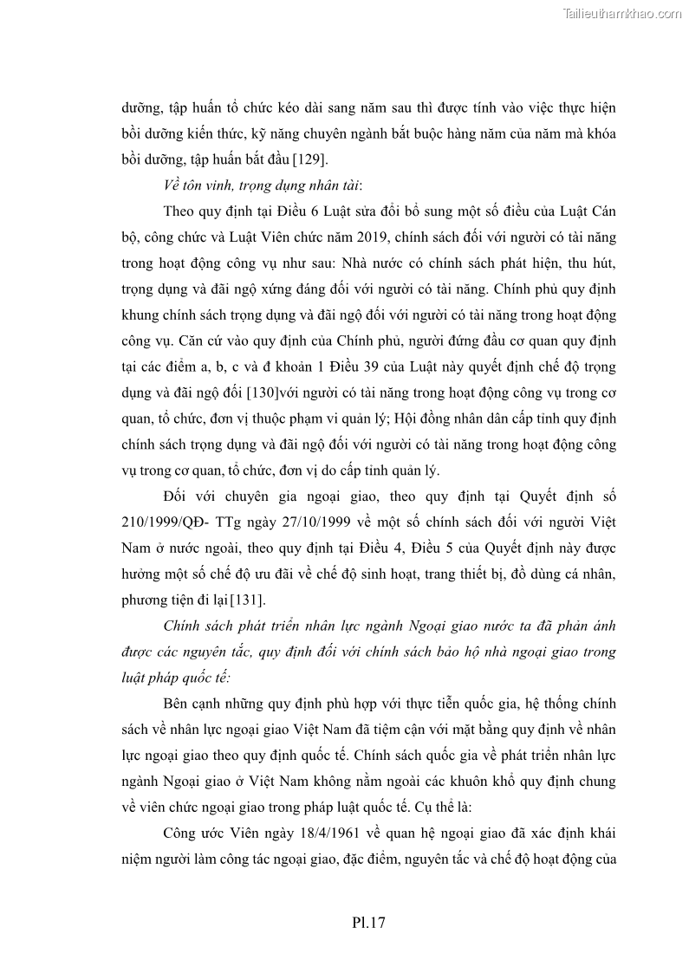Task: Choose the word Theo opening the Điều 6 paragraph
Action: coord(179,212)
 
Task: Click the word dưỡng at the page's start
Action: coord(140,108)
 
